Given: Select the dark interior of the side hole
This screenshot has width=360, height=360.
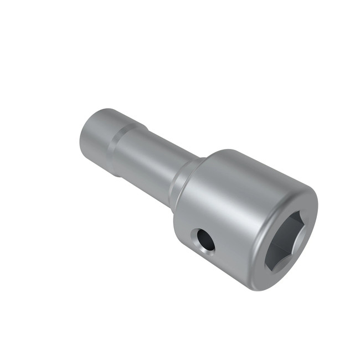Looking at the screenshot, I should pyautogui.click(x=207, y=240).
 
